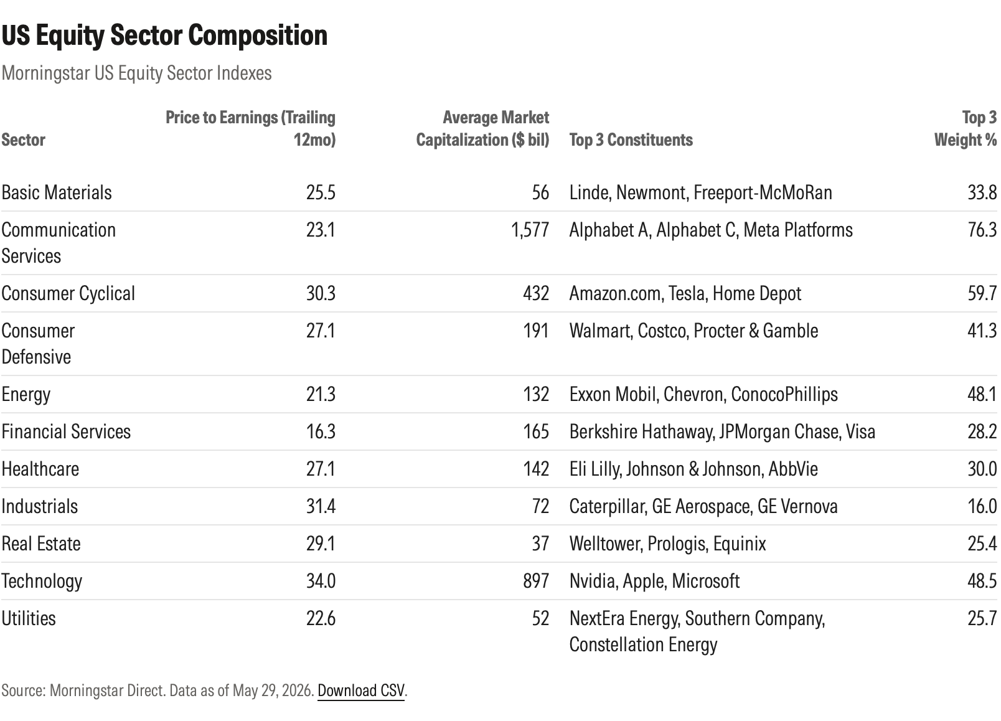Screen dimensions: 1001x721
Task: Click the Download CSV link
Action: (x=361, y=690)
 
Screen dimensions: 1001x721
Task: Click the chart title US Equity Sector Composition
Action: (x=164, y=35)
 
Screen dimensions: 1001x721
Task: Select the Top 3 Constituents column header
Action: (x=631, y=140)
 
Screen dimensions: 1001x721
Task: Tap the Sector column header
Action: (x=23, y=140)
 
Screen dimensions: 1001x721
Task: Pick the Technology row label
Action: (x=42, y=581)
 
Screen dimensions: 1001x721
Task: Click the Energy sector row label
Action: (x=26, y=394)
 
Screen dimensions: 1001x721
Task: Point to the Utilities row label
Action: (x=29, y=618)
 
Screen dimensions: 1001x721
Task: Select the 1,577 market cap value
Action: (x=530, y=230)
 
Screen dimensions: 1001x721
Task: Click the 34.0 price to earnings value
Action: (x=321, y=581)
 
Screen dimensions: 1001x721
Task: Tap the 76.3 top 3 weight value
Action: (x=982, y=230)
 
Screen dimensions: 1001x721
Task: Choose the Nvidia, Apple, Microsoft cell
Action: (x=655, y=581)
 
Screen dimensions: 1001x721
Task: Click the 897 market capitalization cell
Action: (x=536, y=581)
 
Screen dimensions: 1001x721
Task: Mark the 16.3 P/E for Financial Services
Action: (x=321, y=432)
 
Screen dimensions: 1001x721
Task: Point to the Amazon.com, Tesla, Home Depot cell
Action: (x=685, y=294)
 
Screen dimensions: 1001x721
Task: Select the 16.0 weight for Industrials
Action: (x=982, y=506)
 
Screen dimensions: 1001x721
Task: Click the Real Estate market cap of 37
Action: (x=541, y=544)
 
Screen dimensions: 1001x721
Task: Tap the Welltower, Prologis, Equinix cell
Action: (x=667, y=544)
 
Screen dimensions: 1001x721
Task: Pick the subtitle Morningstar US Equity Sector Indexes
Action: (x=137, y=73)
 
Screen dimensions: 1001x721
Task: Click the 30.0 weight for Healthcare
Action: (x=982, y=469)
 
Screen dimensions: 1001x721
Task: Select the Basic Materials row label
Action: (x=57, y=192)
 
